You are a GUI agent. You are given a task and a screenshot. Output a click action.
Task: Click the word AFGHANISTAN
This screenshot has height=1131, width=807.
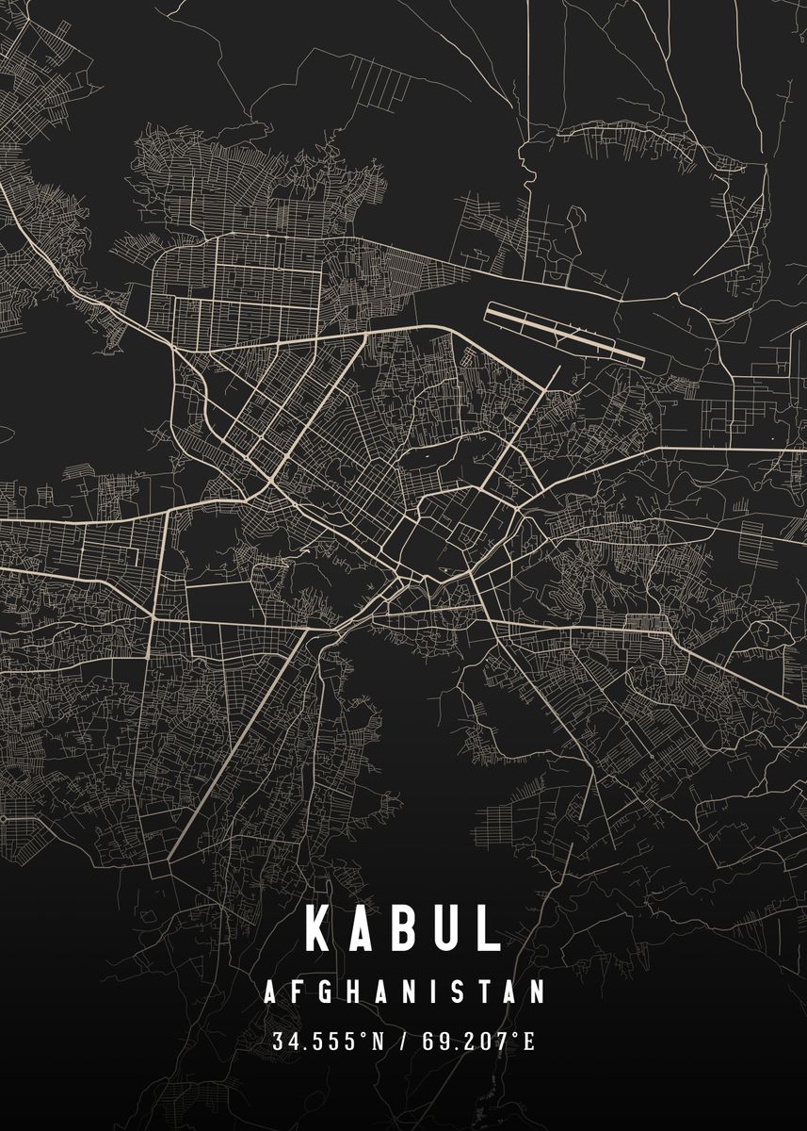(x=404, y=992)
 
